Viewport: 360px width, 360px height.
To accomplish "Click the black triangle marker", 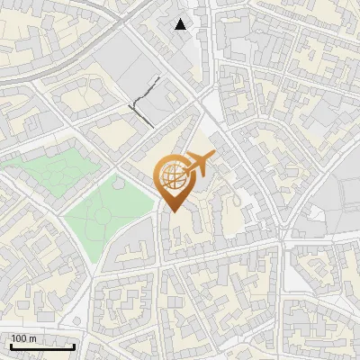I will [181, 25].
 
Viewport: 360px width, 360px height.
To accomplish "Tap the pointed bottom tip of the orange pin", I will [173, 211].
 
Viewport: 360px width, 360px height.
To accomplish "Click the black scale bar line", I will [41, 346].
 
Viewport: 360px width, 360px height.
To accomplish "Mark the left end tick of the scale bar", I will [10, 345].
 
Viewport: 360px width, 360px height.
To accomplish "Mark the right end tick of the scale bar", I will [74, 345].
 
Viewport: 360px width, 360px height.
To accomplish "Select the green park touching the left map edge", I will [36, 180].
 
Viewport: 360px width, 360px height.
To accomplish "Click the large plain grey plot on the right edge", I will [346, 189].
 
